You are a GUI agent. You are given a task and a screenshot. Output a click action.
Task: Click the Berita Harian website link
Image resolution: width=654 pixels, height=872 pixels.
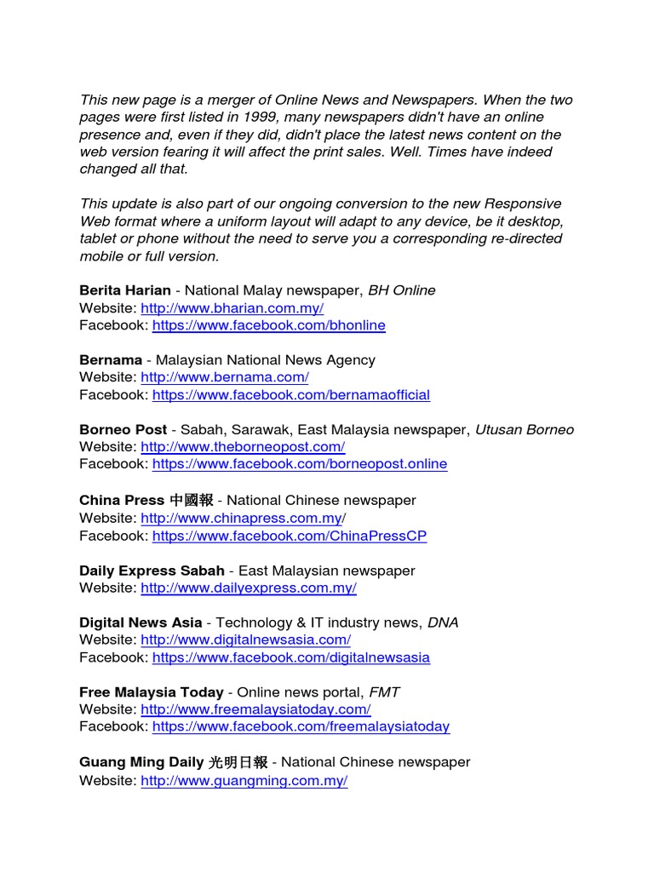point(232,308)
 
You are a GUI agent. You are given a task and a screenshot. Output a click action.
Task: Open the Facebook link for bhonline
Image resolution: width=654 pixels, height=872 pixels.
point(268,325)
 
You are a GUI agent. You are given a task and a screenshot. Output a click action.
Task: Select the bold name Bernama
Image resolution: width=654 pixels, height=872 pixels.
point(111,360)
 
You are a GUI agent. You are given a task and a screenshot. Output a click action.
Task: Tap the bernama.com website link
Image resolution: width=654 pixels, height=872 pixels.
point(224,377)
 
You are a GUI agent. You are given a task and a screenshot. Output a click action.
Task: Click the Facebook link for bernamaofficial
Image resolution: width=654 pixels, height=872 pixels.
point(290,395)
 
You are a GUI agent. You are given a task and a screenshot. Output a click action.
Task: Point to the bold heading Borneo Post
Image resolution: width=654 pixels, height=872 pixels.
point(123,430)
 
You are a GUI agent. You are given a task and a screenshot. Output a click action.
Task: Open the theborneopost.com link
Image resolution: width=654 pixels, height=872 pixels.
point(242,447)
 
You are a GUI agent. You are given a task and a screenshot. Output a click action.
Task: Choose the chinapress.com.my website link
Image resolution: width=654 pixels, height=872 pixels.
point(242,518)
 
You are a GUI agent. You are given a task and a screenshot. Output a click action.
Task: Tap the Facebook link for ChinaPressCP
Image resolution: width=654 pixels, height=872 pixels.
point(289,536)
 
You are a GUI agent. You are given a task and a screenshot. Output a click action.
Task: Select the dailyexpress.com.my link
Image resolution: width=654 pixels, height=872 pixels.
point(248,588)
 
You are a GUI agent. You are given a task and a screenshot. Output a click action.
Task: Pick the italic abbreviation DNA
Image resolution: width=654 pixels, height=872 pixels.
point(442,622)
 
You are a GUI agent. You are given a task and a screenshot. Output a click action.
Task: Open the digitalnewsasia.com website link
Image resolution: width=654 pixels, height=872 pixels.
point(245,640)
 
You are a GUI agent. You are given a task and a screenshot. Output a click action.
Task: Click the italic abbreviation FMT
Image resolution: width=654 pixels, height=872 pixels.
point(384,692)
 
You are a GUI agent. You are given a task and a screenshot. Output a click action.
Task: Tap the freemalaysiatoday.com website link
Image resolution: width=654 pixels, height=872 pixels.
point(255,709)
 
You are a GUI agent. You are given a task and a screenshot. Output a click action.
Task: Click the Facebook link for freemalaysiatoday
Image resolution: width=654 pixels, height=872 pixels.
point(301,726)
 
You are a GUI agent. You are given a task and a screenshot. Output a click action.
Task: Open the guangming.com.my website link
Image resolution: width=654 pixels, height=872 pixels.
point(244,781)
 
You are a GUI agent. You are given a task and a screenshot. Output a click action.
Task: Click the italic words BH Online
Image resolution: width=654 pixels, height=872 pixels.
point(401,290)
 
